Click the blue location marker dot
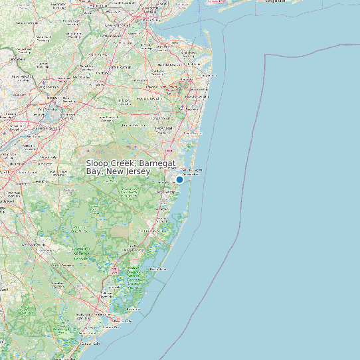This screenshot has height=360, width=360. coord(179,179)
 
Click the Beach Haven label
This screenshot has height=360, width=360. coord(158,270)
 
